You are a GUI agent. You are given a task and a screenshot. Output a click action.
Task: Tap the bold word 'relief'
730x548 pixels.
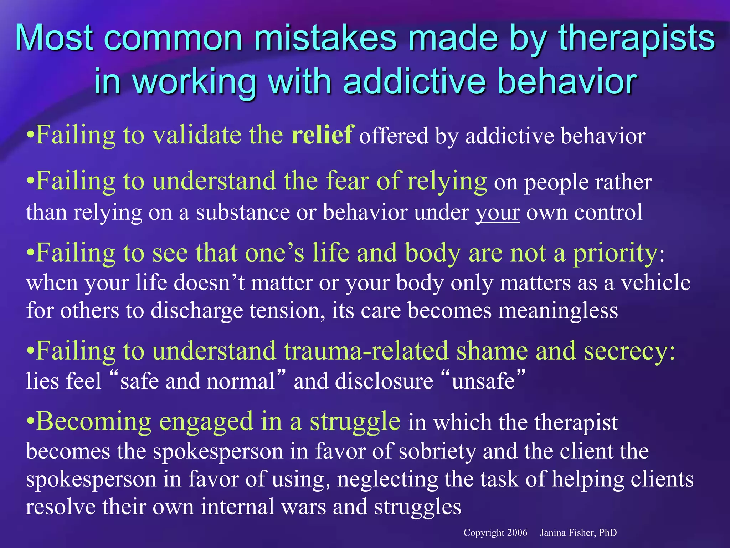(322, 135)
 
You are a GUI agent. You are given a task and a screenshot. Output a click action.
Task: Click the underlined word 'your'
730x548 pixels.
(498, 212)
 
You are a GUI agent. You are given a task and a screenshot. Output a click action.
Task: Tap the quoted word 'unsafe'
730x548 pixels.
(483, 381)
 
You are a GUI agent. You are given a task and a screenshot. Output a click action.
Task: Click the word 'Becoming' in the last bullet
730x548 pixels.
(94, 421)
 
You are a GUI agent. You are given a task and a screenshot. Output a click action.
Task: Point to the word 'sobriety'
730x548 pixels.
(437, 451)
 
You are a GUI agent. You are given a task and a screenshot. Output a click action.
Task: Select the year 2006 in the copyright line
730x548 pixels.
(517, 533)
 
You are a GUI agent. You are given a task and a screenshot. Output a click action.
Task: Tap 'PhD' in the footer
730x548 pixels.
(608, 533)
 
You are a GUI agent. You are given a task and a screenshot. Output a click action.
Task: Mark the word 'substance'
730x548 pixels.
(243, 212)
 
